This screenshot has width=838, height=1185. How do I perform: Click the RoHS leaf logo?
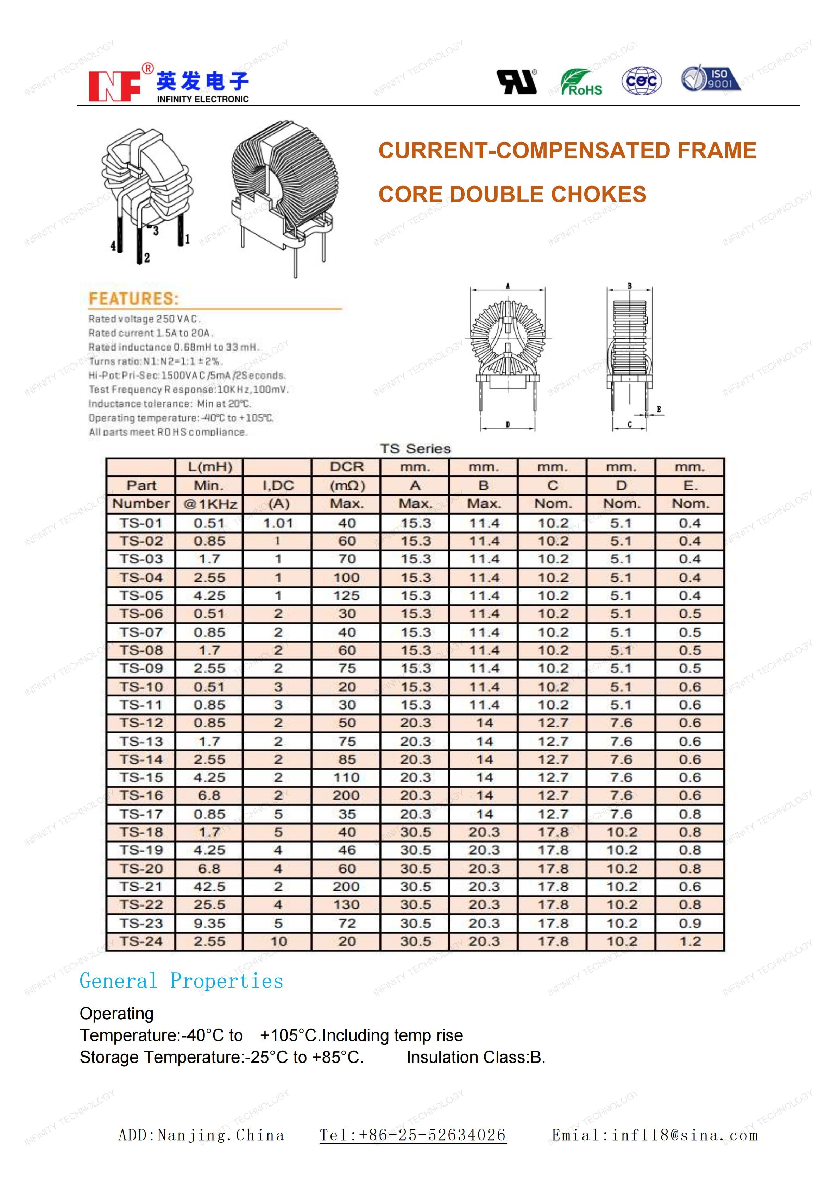(581, 82)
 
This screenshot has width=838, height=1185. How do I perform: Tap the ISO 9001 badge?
(711, 78)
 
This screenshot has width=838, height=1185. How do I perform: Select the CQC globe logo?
(641, 81)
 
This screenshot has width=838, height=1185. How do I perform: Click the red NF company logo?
(114, 85)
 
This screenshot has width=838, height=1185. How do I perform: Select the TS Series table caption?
(415, 448)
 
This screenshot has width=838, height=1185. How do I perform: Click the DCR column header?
(346, 467)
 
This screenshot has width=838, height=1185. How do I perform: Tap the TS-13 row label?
(141, 741)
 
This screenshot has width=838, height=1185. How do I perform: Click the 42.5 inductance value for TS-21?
(209, 887)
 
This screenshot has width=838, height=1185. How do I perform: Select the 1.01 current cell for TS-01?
(278, 523)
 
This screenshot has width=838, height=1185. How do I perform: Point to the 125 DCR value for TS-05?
(346, 595)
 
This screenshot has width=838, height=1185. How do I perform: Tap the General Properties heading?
(181, 981)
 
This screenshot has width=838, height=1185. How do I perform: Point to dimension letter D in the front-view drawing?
(508, 424)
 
